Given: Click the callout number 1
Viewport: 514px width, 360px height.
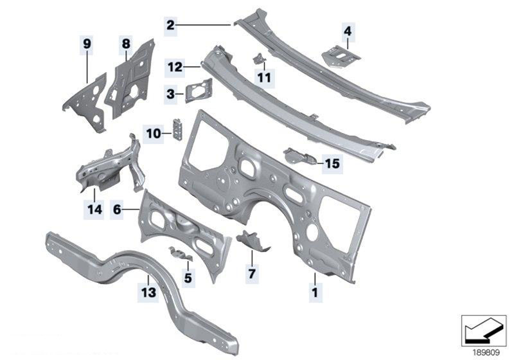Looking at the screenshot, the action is (315, 292).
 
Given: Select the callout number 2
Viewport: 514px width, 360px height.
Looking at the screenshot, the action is (170, 25).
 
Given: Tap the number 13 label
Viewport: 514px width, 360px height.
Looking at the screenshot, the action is (148, 292).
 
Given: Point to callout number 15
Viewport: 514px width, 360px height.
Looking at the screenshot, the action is (332, 163).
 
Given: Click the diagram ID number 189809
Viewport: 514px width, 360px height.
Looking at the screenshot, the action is (486, 352).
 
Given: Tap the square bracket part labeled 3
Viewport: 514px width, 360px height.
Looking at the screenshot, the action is (199, 91).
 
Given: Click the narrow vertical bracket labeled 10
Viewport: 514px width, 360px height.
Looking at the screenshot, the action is (177, 129).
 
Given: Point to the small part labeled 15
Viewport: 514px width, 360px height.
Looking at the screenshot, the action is (300, 156).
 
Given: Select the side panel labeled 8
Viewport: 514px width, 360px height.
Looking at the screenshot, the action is (131, 78).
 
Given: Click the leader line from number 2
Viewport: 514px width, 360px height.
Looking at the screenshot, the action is (204, 24).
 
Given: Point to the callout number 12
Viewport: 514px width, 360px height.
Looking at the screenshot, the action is (175, 67).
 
